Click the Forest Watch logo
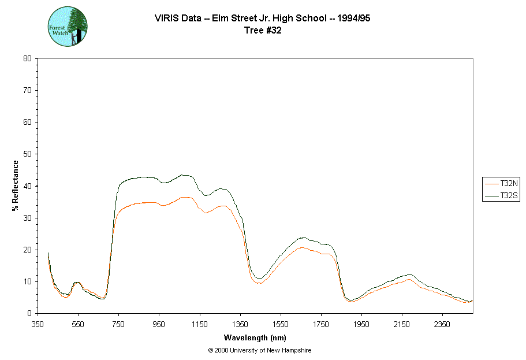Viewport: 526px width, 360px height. pyautogui.click(x=67, y=27)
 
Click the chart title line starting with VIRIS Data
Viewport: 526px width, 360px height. pyautogui.click(x=262, y=18)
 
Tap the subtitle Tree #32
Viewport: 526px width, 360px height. pyautogui.click(x=262, y=31)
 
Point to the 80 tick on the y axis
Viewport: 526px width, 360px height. pyautogui.click(x=27, y=58)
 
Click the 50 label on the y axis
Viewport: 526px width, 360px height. pyautogui.click(x=27, y=154)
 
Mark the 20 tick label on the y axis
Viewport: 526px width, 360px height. pyautogui.click(x=27, y=250)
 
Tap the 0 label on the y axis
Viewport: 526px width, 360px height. pyautogui.click(x=29, y=313)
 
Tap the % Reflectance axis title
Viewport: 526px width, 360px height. pyautogui.click(x=16, y=185)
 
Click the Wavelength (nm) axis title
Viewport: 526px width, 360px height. pyautogui.click(x=255, y=337)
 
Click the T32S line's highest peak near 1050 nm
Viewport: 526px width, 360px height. pyautogui.click(x=182, y=175)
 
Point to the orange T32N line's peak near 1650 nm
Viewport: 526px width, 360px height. pyautogui.click(x=301, y=247)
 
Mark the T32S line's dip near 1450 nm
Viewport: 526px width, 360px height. pyautogui.click(x=260, y=279)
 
